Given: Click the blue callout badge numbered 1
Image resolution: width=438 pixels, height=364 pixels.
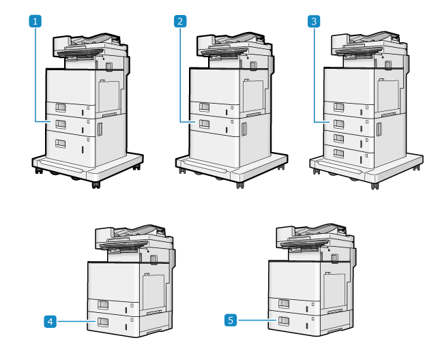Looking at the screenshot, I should (35, 22).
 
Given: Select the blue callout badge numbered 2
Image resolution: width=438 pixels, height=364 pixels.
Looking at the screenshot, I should (180, 22).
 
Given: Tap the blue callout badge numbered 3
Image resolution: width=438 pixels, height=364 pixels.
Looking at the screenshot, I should (314, 22).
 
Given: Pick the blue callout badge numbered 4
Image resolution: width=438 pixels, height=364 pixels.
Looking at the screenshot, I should (50, 320).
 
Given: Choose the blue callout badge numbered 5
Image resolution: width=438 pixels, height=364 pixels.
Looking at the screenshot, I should (231, 318).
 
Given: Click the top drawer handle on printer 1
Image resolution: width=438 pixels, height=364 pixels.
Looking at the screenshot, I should (60, 108).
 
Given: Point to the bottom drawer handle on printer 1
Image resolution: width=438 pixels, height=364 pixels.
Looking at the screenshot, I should (60, 142).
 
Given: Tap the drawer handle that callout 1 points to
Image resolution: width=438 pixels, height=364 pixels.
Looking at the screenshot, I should (60, 123).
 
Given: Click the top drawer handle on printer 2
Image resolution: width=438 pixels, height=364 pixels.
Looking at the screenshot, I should (204, 107).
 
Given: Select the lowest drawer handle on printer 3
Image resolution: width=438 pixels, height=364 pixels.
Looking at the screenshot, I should (338, 153).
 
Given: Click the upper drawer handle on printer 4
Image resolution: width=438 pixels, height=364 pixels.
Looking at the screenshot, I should (103, 304).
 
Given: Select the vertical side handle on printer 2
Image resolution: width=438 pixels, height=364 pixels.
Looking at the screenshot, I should (243, 129).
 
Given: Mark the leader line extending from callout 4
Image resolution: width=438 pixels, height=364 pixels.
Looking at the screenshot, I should (72, 320).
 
